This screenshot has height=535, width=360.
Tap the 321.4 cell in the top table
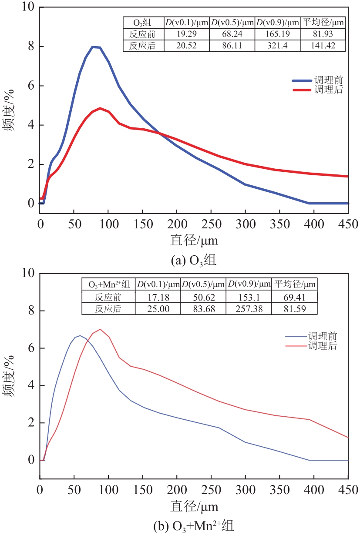277,46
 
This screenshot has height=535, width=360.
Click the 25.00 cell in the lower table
158,308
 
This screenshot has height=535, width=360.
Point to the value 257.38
249,308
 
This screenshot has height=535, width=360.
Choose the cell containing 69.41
294,297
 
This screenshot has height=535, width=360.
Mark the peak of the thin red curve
100,329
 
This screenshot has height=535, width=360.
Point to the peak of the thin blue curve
80,335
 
